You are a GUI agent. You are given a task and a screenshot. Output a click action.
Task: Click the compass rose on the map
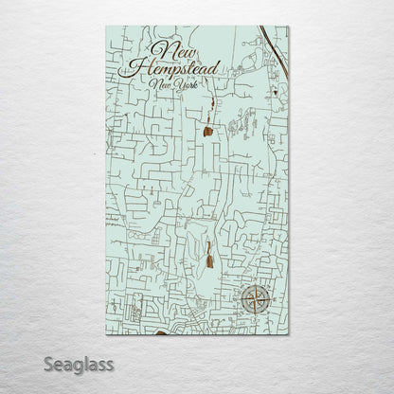click(256, 299)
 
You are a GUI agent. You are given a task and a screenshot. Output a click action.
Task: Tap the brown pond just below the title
click(206, 133)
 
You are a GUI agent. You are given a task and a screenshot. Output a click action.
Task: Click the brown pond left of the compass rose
click(206, 254)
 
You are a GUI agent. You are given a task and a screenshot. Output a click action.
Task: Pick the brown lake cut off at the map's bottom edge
click(158, 334)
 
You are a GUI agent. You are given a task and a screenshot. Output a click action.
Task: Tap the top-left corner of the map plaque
click(106, 27)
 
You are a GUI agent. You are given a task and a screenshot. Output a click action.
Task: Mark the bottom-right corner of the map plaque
click(289, 337)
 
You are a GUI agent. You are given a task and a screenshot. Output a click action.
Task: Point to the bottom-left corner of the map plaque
click(106, 337)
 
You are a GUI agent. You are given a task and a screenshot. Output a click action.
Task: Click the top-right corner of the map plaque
click(289, 27)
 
